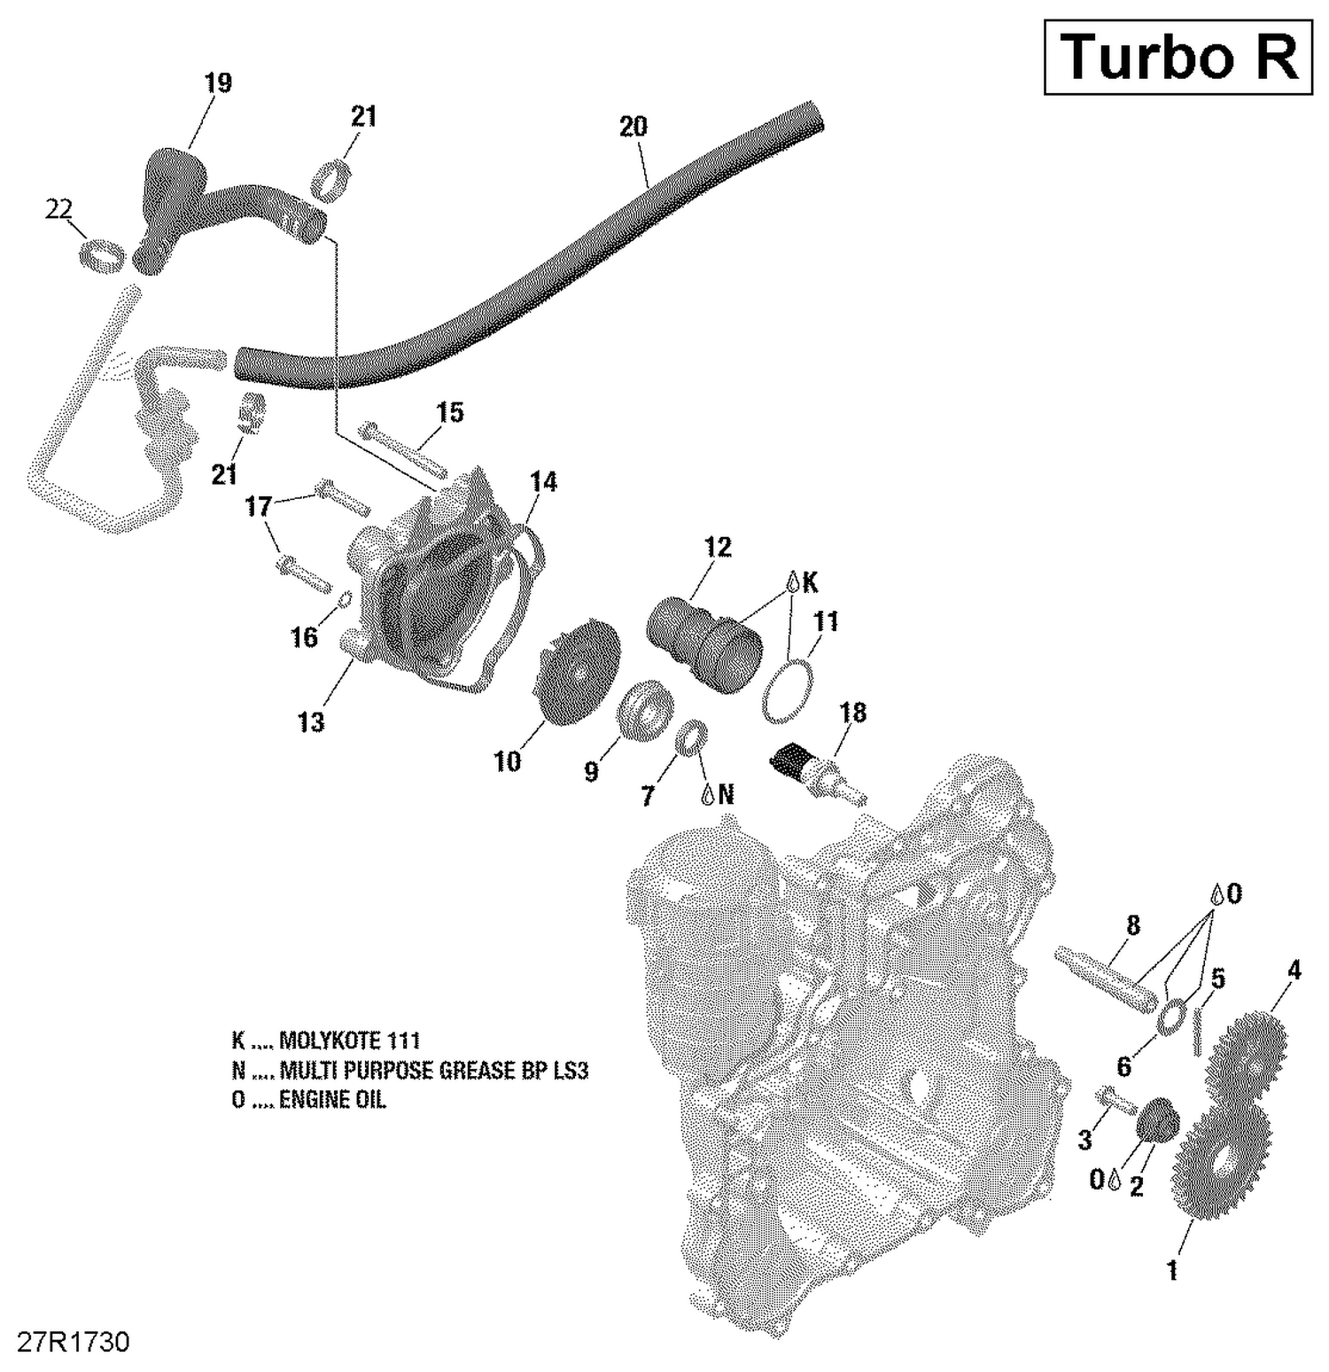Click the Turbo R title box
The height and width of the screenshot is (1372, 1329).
(x=1177, y=57)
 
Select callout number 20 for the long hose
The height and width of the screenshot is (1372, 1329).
(x=633, y=127)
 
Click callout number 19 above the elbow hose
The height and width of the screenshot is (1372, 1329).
(x=218, y=83)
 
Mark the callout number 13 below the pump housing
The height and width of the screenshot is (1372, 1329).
(x=311, y=722)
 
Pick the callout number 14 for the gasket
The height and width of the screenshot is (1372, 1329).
(x=544, y=481)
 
